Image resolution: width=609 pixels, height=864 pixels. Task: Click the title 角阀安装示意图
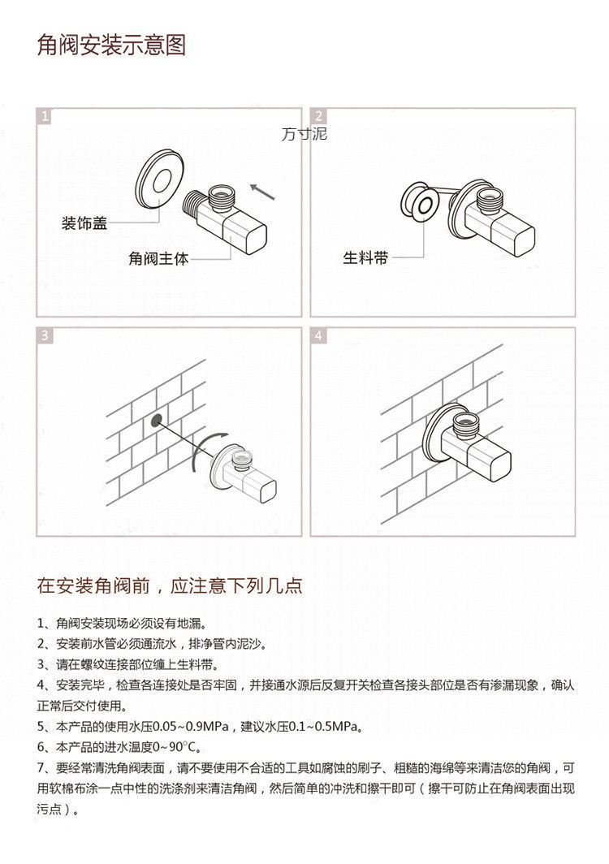[x=112, y=45]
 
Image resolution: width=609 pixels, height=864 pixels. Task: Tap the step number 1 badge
[x=45, y=117]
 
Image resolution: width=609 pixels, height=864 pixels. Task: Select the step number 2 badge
[x=319, y=117]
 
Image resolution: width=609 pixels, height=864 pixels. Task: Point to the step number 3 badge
[x=45, y=335]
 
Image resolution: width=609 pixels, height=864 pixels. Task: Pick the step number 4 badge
[x=319, y=335]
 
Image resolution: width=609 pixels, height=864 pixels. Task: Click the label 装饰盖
[x=84, y=223]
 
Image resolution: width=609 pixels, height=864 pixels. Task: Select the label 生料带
[x=365, y=258]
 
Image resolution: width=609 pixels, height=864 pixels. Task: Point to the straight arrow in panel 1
[x=263, y=192]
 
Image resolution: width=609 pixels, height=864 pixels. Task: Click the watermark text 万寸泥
[x=304, y=134]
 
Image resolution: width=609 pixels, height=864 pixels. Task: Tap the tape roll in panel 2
[x=421, y=201]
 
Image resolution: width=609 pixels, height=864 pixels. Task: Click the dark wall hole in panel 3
[x=155, y=421]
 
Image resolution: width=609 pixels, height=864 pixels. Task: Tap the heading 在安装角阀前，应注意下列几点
[x=170, y=585]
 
